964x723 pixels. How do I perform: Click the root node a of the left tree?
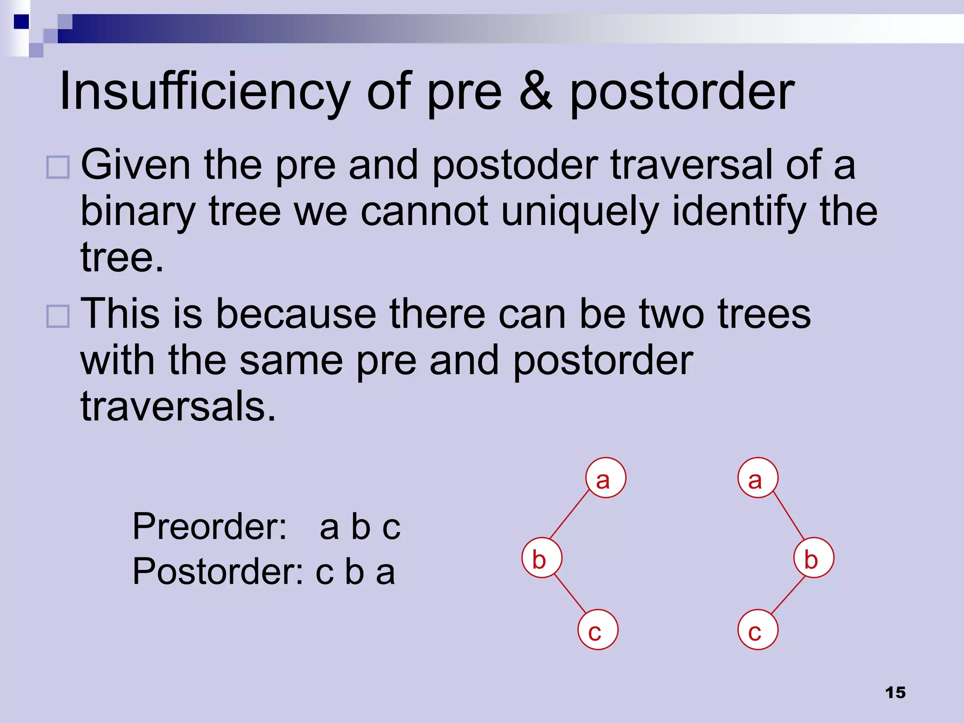(x=606, y=478)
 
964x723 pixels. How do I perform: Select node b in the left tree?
(x=542, y=558)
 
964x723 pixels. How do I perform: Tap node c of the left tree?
(x=598, y=630)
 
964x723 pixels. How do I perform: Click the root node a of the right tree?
(x=758, y=478)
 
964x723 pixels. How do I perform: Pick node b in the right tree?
(x=814, y=558)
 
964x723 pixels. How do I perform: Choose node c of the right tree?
(x=758, y=630)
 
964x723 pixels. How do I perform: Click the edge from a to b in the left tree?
(x=570, y=514)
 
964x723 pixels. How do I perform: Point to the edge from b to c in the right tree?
(x=788, y=594)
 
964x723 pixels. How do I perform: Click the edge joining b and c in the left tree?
(x=570, y=594)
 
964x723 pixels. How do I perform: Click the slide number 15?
(x=895, y=692)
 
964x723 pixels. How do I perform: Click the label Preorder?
(x=210, y=526)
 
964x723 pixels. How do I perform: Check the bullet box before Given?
(x=58, y=167)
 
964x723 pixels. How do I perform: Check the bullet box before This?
(x=58, y=316)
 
